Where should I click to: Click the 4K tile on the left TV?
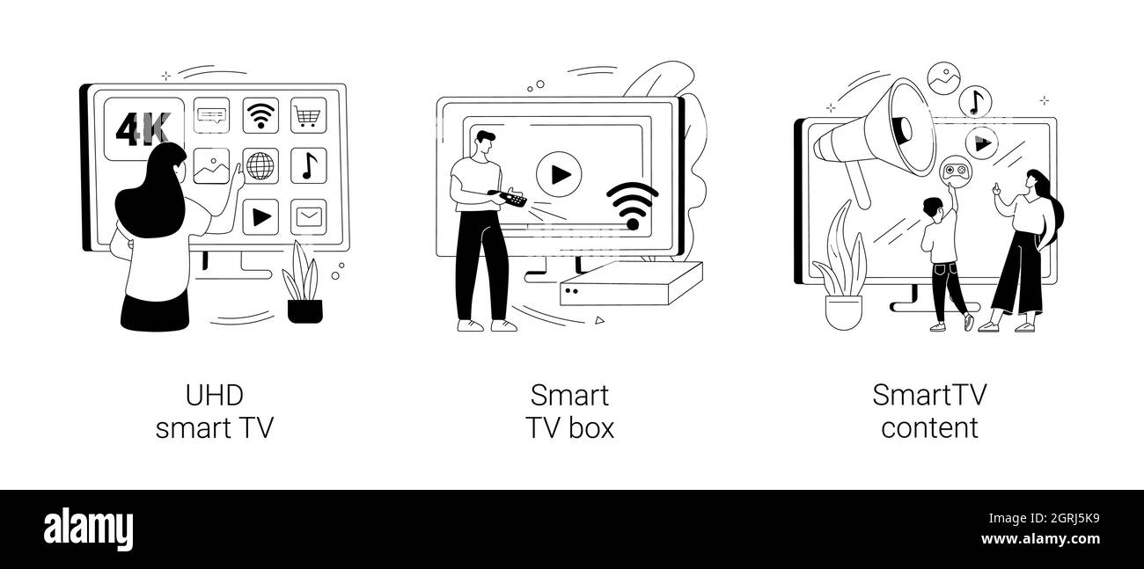[144, 128]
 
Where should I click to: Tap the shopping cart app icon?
[309, 115]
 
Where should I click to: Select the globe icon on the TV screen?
[260, 166]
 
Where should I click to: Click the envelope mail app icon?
[309, 217]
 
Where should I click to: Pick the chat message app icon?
[211, 115]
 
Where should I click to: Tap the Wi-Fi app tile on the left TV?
[260, 115]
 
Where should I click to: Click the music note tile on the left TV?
[309, 166]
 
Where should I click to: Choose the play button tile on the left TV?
[260, 217]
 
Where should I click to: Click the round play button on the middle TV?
[559, 174]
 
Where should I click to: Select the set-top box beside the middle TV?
[631, 284]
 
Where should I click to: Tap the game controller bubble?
[956, 171]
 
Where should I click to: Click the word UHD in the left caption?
[215, 396]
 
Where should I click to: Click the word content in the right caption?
[929, 427]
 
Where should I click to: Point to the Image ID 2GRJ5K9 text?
[1044, 519]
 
